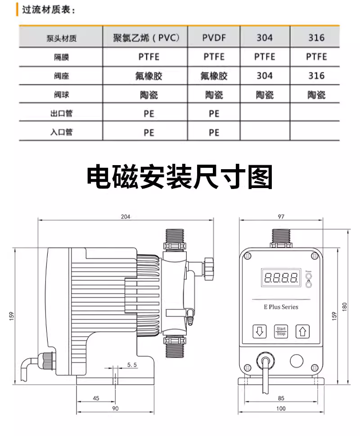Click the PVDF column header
point(214,37)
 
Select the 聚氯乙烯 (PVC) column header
point(146,37)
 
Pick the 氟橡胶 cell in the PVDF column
point(214,76)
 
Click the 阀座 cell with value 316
point(316,76)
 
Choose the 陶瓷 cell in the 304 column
point(265,95)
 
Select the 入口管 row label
point(62,132)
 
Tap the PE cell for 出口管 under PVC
point(149,114)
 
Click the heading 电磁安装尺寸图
point(180,177)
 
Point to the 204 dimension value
point(126,216)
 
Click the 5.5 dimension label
point(132,364)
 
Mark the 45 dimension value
point(96,398)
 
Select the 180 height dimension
point(344,307)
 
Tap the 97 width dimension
point(281,216)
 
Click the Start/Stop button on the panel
point(281,331)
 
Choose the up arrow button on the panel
point(302,331)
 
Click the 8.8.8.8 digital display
point(281,278)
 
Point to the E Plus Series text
point(281,307)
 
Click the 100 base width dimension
point(281,408)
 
